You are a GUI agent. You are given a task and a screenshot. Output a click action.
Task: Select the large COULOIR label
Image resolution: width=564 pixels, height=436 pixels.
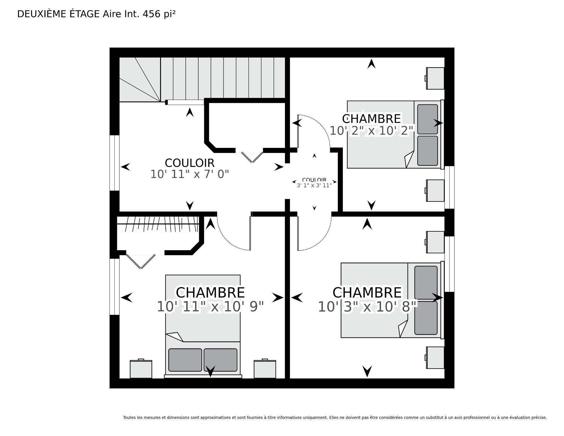(x=189, y=163)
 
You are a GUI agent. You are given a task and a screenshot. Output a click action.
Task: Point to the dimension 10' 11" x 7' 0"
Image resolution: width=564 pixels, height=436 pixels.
(x=189, y=174)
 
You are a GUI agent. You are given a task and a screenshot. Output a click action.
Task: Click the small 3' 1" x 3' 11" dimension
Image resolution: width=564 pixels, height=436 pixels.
(x=314, y=185)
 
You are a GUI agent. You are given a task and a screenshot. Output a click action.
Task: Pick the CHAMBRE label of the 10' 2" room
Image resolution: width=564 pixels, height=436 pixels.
(x=371, y=119)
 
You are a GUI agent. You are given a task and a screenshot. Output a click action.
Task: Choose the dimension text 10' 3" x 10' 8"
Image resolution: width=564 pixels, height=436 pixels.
(x=367, y=307)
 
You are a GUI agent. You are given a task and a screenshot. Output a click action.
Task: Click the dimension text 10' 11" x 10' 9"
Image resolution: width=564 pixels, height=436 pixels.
(x=210, y=307)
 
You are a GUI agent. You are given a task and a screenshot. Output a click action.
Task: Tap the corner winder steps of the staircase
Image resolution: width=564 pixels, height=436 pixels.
(x=140, y=79)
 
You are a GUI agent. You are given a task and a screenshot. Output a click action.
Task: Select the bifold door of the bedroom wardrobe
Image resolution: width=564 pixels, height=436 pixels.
(x=141, y=261)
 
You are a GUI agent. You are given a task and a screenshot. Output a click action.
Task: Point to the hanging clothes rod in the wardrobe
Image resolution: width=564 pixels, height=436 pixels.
(x=158, y=224)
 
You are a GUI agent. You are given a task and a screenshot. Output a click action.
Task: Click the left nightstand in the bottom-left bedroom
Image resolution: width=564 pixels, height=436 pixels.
(x=141, y=369)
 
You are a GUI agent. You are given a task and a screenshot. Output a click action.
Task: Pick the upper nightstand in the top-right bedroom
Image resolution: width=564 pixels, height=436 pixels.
(x=435, y=78)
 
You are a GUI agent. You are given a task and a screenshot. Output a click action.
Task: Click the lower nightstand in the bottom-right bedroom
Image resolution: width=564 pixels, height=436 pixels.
(x=435, y=358)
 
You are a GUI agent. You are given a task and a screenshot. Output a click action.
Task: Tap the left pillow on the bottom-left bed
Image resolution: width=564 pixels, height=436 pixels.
(x=185, y=360)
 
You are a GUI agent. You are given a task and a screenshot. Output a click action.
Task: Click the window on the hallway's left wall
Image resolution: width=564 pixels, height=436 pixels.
(x=115, y=163)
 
